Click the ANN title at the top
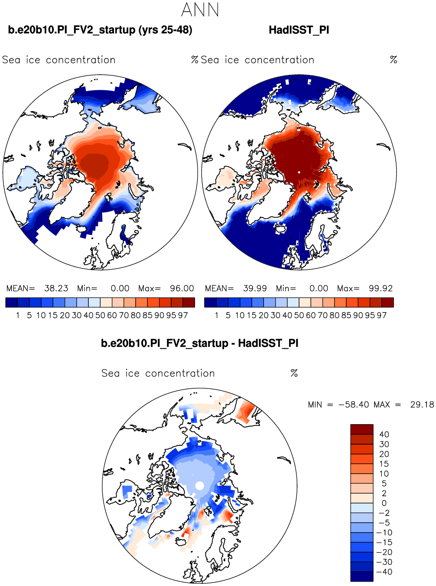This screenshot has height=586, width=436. [x=200, y=10]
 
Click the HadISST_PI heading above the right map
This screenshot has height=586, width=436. [x=299, y=30]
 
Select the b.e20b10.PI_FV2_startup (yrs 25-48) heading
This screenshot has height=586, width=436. [x=100, y=30]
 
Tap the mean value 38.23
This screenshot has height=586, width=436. [x=56, y=288]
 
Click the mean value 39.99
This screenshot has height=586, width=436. [x=255, y=288]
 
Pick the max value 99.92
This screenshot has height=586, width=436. [x=381, y=288]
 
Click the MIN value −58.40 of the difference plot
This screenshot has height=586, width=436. [x=354, y=405]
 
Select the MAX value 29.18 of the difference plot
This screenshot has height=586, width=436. [x=422, y=405]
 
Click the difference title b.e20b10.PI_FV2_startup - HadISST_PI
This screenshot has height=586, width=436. [x=199, y=343]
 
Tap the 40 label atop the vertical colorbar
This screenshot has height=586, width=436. [x=384, y=435]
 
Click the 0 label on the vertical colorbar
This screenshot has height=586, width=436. [x=384, y=503]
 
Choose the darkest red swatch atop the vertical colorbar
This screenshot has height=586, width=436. [x=362, y=429]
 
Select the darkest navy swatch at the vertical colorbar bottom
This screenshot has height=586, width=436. [x=362, y=576]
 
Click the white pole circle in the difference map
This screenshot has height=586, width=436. [x=200, y=485]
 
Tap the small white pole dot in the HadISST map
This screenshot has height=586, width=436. [x=299, y=172]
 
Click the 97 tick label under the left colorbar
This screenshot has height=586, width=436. [x=182, y=315]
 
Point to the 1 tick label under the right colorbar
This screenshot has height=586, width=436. [x=216, y=315]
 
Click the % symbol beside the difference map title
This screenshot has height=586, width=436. [x=294, y=373]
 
